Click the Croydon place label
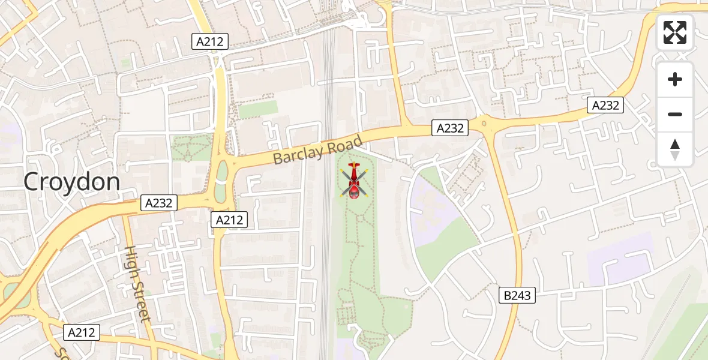pos(72,182)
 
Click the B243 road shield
pos(517,295)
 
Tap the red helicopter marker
pos(355,181)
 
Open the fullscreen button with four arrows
pos(675,32)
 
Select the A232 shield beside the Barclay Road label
pos(449,128)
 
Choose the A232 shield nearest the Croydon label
pos(159,203)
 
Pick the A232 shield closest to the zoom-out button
pos(605,106)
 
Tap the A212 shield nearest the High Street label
pos(82,332)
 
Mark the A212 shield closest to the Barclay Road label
pos(229,220)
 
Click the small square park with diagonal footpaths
pos(192,148)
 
